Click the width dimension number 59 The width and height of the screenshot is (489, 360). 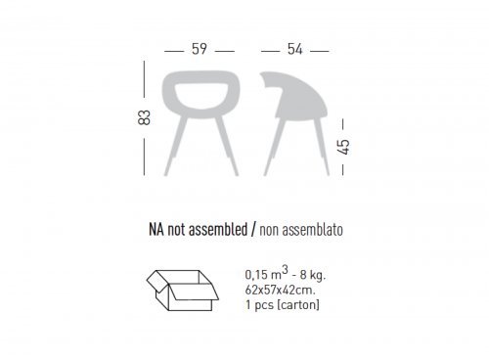pos(200,49)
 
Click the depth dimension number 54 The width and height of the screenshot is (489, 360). pos(295,49)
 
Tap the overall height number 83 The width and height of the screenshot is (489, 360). pos(144,117)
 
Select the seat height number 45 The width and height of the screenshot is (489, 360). pos(344,147)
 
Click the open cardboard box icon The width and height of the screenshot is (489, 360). pos(183,291)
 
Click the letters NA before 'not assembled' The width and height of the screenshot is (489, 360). pos(156,230)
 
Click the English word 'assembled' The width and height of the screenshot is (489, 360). pos(218,229)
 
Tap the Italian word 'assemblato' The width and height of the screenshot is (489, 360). pos(312,230)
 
